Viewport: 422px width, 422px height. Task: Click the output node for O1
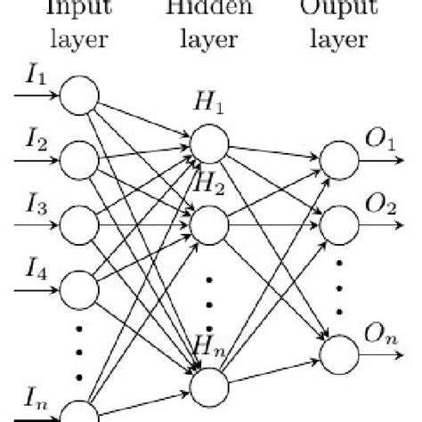click(x=340, y=160)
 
